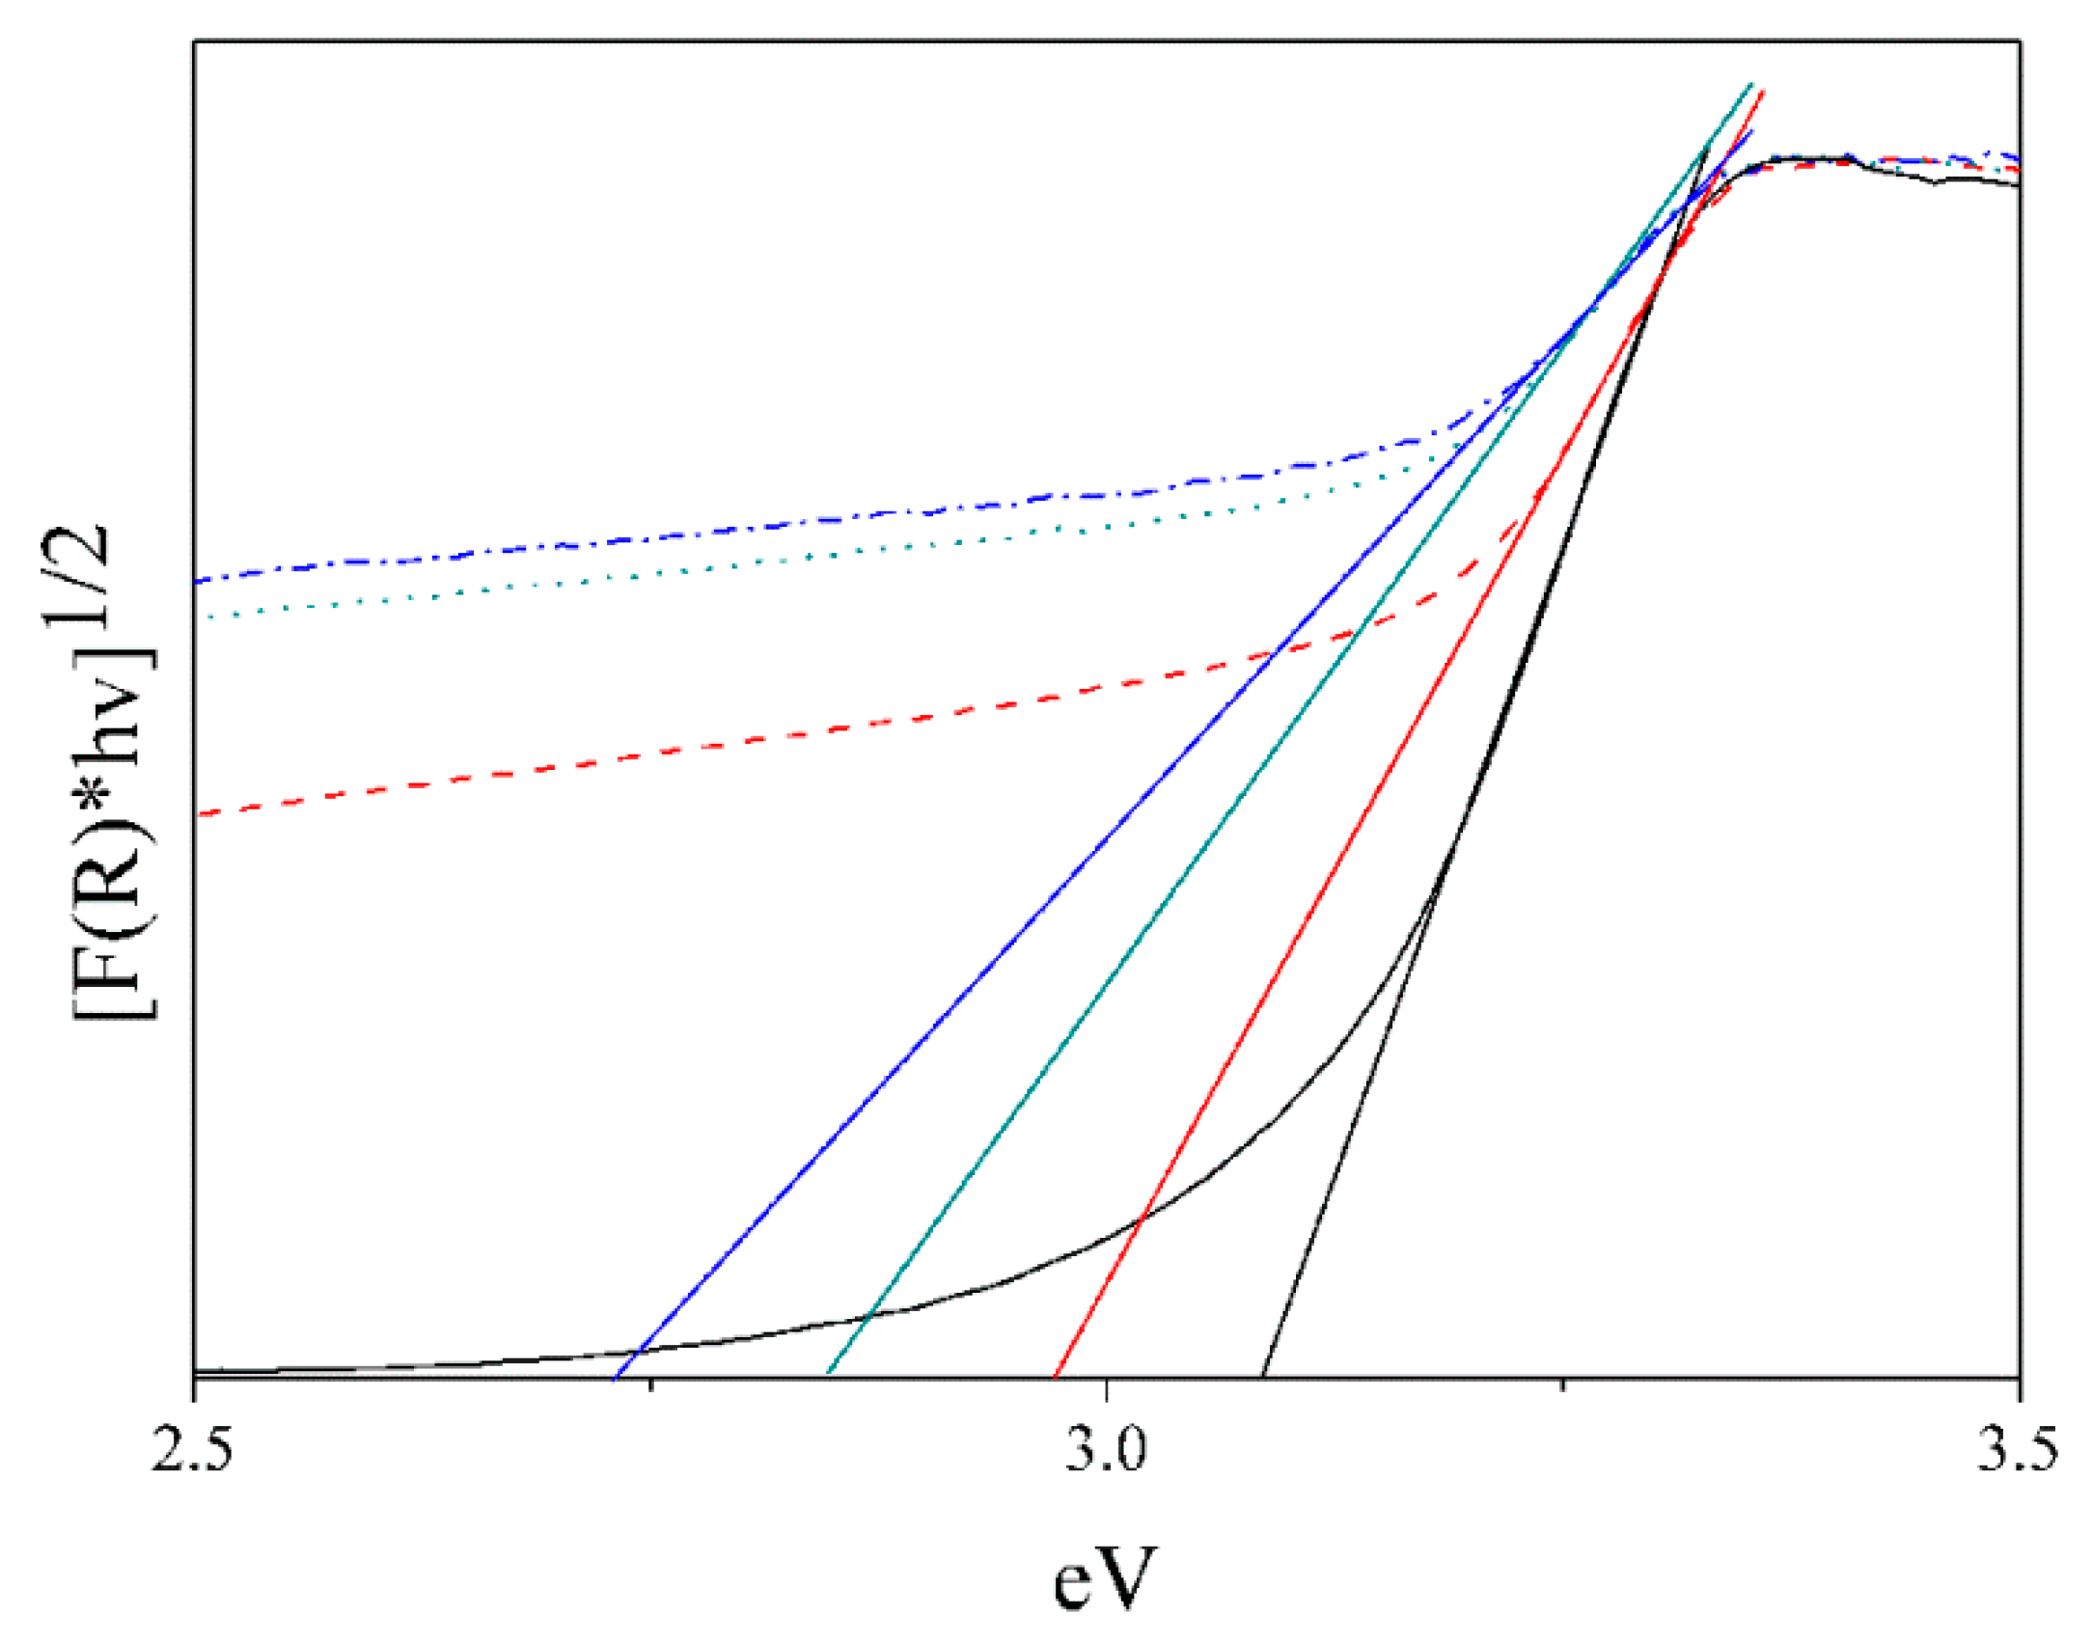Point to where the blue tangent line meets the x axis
point(615,1377)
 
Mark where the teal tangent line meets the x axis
point(828,1377)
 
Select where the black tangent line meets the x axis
point(1263,1377)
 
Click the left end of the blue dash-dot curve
point(196,582)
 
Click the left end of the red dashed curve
point(196,815)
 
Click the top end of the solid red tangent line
point(1764,91)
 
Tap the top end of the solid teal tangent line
point(1751,84)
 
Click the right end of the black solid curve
point(2019,185)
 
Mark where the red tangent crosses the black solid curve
point(1140,1220)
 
